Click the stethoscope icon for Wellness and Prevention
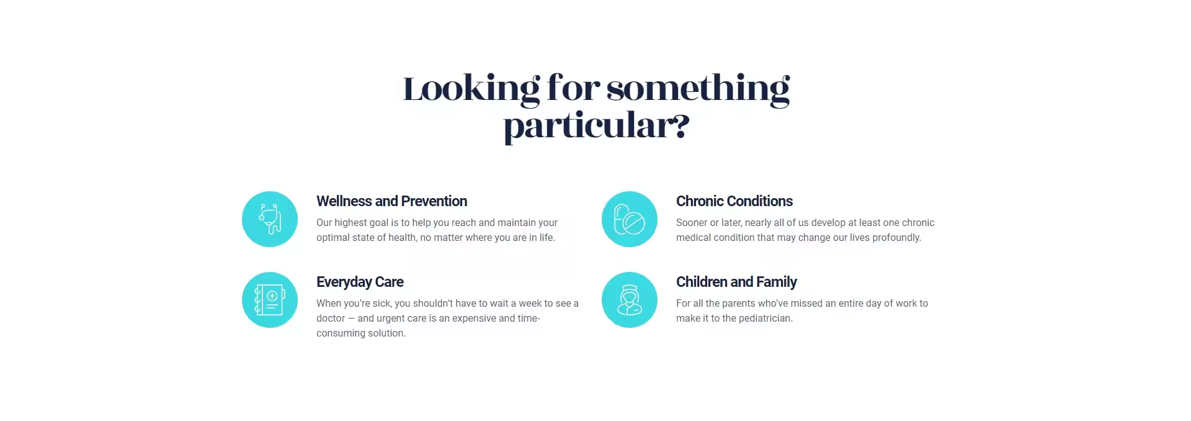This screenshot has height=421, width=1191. click(x=270, y=219)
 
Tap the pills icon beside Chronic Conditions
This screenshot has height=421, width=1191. click(x=630, y=219)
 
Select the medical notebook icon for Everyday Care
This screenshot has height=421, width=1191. click(x=270, y=300)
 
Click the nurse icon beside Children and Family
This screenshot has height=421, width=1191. click(x=630, y=300)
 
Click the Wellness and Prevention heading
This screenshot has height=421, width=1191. click(x=391, y=201)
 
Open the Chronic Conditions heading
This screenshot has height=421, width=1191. click(x=734, y=201)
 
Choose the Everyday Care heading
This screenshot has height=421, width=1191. click(x=360, y=283)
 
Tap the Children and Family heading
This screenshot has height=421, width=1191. click(x=736, y=283)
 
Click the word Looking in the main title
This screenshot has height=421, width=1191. click(x=471, y=89)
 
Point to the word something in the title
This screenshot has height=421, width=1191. click(x=698, y=89)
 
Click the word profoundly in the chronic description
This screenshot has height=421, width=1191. click(x=896, y=238)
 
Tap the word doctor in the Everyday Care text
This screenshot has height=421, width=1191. click(x=331, y=319)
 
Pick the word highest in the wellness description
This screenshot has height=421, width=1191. click(x=351, y=223)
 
